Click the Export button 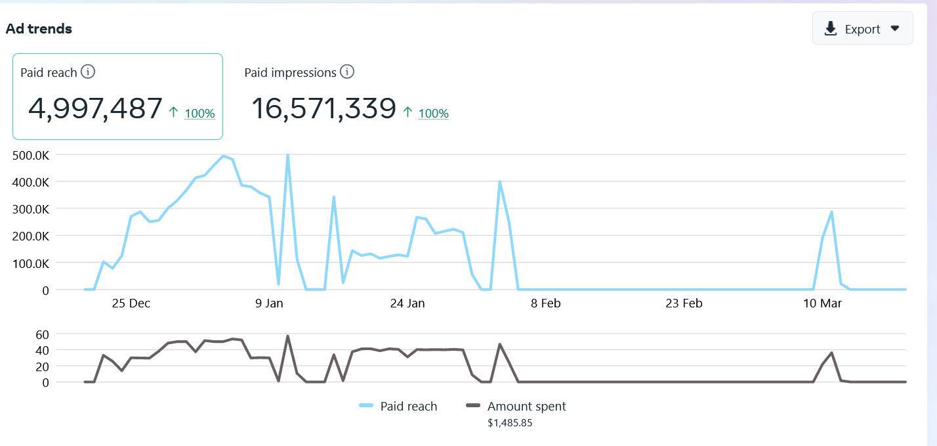(862, 29)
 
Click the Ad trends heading (39, 29)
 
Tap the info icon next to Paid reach (87, 72)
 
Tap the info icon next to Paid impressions (347, 72)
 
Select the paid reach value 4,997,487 (95, 108)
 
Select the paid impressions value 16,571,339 (323, 108)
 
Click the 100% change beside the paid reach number (199, 113)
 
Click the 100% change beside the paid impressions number (433, 113)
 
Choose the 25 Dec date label (131, 303)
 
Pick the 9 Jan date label (269, 303)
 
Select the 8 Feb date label (546, 303)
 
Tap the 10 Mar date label (822, 303)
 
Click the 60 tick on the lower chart (42, 334)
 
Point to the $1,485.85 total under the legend (510, 423)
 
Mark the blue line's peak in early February (499, 182)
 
